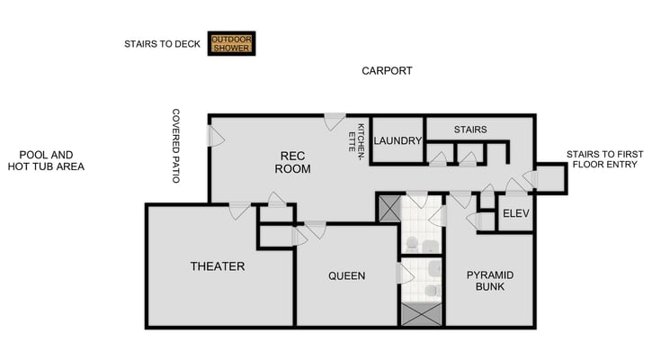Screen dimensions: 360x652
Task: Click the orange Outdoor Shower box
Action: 231,43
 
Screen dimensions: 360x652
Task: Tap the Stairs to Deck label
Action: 162,43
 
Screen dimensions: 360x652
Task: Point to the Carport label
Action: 387,70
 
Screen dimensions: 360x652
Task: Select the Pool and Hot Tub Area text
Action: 46,160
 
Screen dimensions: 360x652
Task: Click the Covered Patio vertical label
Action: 176,146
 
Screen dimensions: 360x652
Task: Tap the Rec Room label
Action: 292,162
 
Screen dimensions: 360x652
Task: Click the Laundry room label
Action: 397,140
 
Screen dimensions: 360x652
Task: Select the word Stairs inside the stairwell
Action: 469,130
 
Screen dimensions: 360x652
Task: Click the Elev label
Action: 515,213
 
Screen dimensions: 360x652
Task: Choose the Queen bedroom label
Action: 346,275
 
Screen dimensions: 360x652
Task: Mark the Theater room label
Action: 218,266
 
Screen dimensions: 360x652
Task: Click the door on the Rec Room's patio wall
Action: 215,136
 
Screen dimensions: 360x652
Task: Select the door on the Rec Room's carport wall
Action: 335,121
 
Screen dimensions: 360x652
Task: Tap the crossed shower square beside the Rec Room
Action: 389,208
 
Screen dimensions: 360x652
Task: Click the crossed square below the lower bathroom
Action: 422,315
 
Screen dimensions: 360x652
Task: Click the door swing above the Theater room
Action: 239,211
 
